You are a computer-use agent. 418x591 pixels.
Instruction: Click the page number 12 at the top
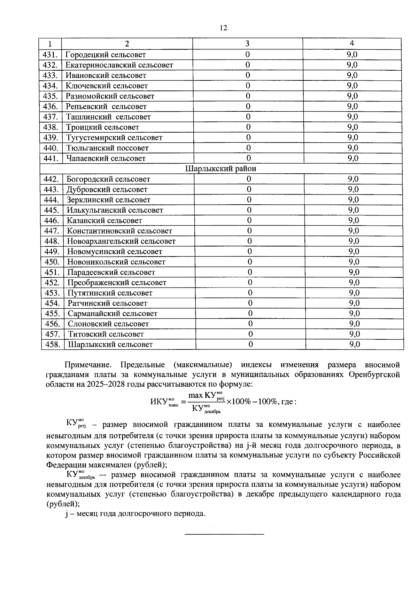click(x=223, y=28)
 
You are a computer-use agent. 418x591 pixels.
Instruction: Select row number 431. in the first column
click(x=50, y=55)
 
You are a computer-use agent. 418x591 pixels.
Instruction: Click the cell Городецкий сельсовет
click(x=106, y=55)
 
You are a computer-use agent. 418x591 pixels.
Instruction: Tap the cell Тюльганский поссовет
click(x=107, y=148)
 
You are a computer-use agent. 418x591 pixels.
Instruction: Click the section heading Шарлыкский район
click(x=221, y=169)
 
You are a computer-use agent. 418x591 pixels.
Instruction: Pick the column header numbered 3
click(x=247, y=44)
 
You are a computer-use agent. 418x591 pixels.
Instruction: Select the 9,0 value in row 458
click(x=355, y=345)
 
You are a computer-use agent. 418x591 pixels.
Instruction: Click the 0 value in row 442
click(x=249, y=179)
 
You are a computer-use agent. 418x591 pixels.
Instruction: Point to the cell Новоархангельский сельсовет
click(x=121, y=241)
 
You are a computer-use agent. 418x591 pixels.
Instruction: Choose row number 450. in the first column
click(x=52, y=262)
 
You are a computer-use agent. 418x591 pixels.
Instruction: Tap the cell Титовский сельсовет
click(x=106, y=334)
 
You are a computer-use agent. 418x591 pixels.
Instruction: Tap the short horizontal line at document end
click(x=224, y=534)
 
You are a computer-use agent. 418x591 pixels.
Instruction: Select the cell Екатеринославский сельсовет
click(x=119, y=65)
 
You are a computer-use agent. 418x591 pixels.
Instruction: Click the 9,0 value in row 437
click(x=353, y=117)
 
